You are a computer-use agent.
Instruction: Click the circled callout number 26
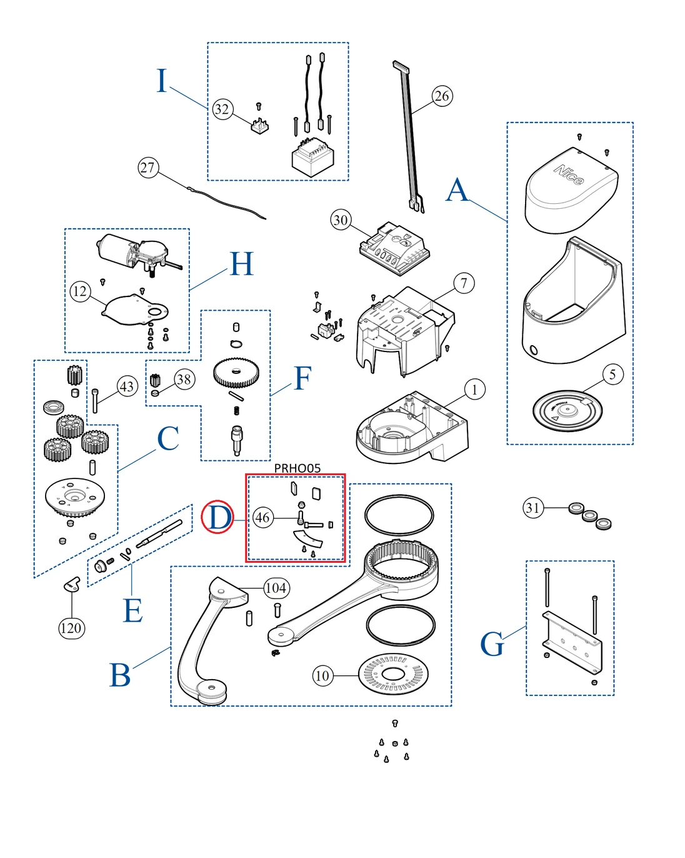(x=442, y=96)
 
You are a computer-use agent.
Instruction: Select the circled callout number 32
(x=222, y=109)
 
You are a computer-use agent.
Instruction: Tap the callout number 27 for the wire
(x=147, y=168)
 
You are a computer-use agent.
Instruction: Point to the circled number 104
(x=276, y=588)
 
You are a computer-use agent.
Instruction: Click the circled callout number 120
(x=71, y=628)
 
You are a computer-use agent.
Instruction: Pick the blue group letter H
(x=241, y=264)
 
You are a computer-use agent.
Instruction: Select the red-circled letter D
(x=217, y=518)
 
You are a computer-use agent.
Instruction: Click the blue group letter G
(x=492, y=644)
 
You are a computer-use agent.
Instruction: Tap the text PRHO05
(x=297, y=468)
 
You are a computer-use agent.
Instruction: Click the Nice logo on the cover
(x=569, y=174)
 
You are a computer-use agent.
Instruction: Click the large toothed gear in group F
(x=236, y=373)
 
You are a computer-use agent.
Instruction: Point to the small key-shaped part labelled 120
(x=72, y=584)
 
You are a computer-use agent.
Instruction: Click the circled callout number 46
(x=262, y=517)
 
